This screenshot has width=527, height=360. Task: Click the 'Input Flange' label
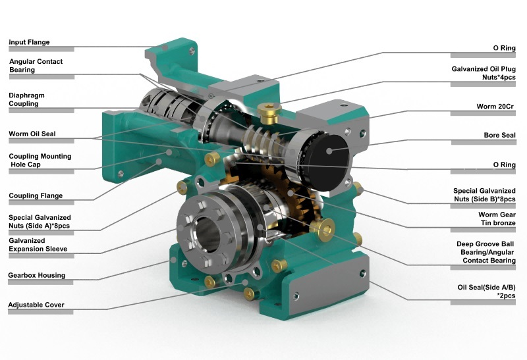pyautogui.click(x=29, y=43)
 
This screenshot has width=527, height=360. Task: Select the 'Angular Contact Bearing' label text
pyautogui.click(x=36, y=65)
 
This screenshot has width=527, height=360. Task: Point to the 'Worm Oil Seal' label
pyautogui.click(x=32, y=134)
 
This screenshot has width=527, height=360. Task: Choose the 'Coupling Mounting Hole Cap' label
pyautogui.click(x=40, y=161)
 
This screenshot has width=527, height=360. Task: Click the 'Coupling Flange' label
pyautogui.click(x=36, y=195)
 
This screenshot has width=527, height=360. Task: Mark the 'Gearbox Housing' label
pyautogui.click(x=36, y=275)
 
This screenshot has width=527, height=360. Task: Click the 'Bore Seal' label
pyautogui.click(x=500, y=136)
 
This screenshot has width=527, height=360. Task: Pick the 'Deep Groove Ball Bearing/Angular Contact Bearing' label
pyautogui.click(x=486, y=252)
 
